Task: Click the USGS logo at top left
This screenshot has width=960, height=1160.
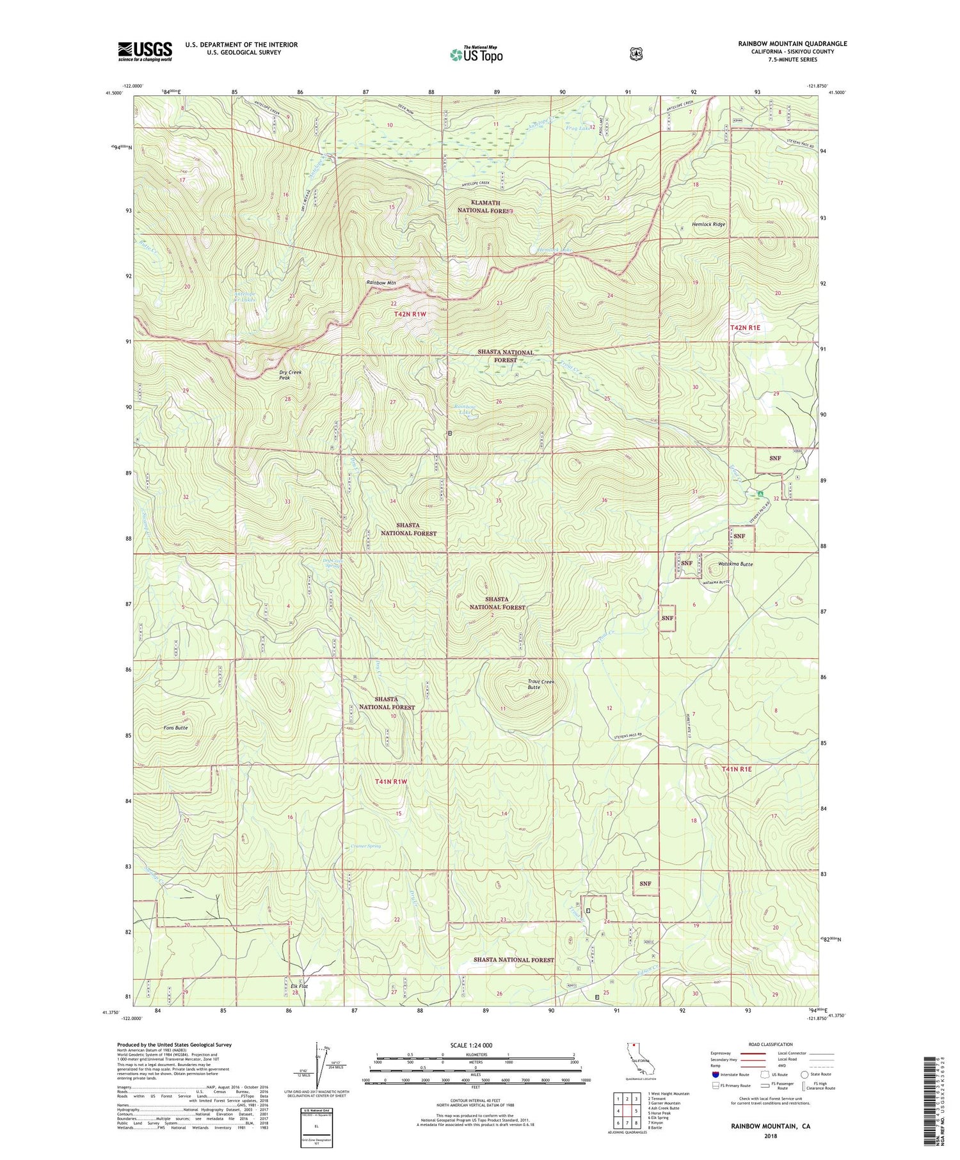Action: pos(145,51)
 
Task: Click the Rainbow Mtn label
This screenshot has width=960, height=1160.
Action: pos(381,282)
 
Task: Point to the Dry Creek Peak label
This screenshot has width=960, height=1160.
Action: pos(290,375)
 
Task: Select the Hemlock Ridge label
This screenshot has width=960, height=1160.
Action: pos(708,225)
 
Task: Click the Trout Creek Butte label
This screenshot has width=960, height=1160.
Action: pos(541,684)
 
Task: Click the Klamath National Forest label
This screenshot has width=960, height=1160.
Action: pos(484,205)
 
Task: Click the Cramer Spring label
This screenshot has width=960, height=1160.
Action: pos(365,846)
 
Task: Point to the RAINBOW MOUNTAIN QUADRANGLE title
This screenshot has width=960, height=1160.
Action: pos(792,44)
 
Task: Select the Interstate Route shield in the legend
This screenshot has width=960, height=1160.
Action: pos(715,1074)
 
